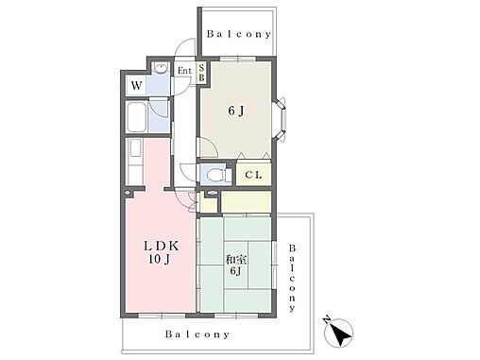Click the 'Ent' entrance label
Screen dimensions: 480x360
click(x=184, y=71)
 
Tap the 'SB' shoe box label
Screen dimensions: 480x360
click(x=201, y=73)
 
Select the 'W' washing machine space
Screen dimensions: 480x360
click(x=137, y=85)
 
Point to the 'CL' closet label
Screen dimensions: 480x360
click(x=253, y=175)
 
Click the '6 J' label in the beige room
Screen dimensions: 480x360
click(x=236, y=111)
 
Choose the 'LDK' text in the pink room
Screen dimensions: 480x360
click(x=162, y=246)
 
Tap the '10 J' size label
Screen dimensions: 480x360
click(x=160, y=259)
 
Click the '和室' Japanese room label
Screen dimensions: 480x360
click(x=235, y=260)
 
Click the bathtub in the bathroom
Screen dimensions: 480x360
click(x=136, y=117)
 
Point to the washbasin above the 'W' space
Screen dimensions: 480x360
click(x=161, y=68)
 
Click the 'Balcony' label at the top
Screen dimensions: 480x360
click(x=239, y=34)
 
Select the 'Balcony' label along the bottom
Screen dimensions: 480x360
click(x=197, y=334)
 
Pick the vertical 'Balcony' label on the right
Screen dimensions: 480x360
click(x=292, y=278)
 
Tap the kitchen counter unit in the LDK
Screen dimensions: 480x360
click(x=134, y=162)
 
